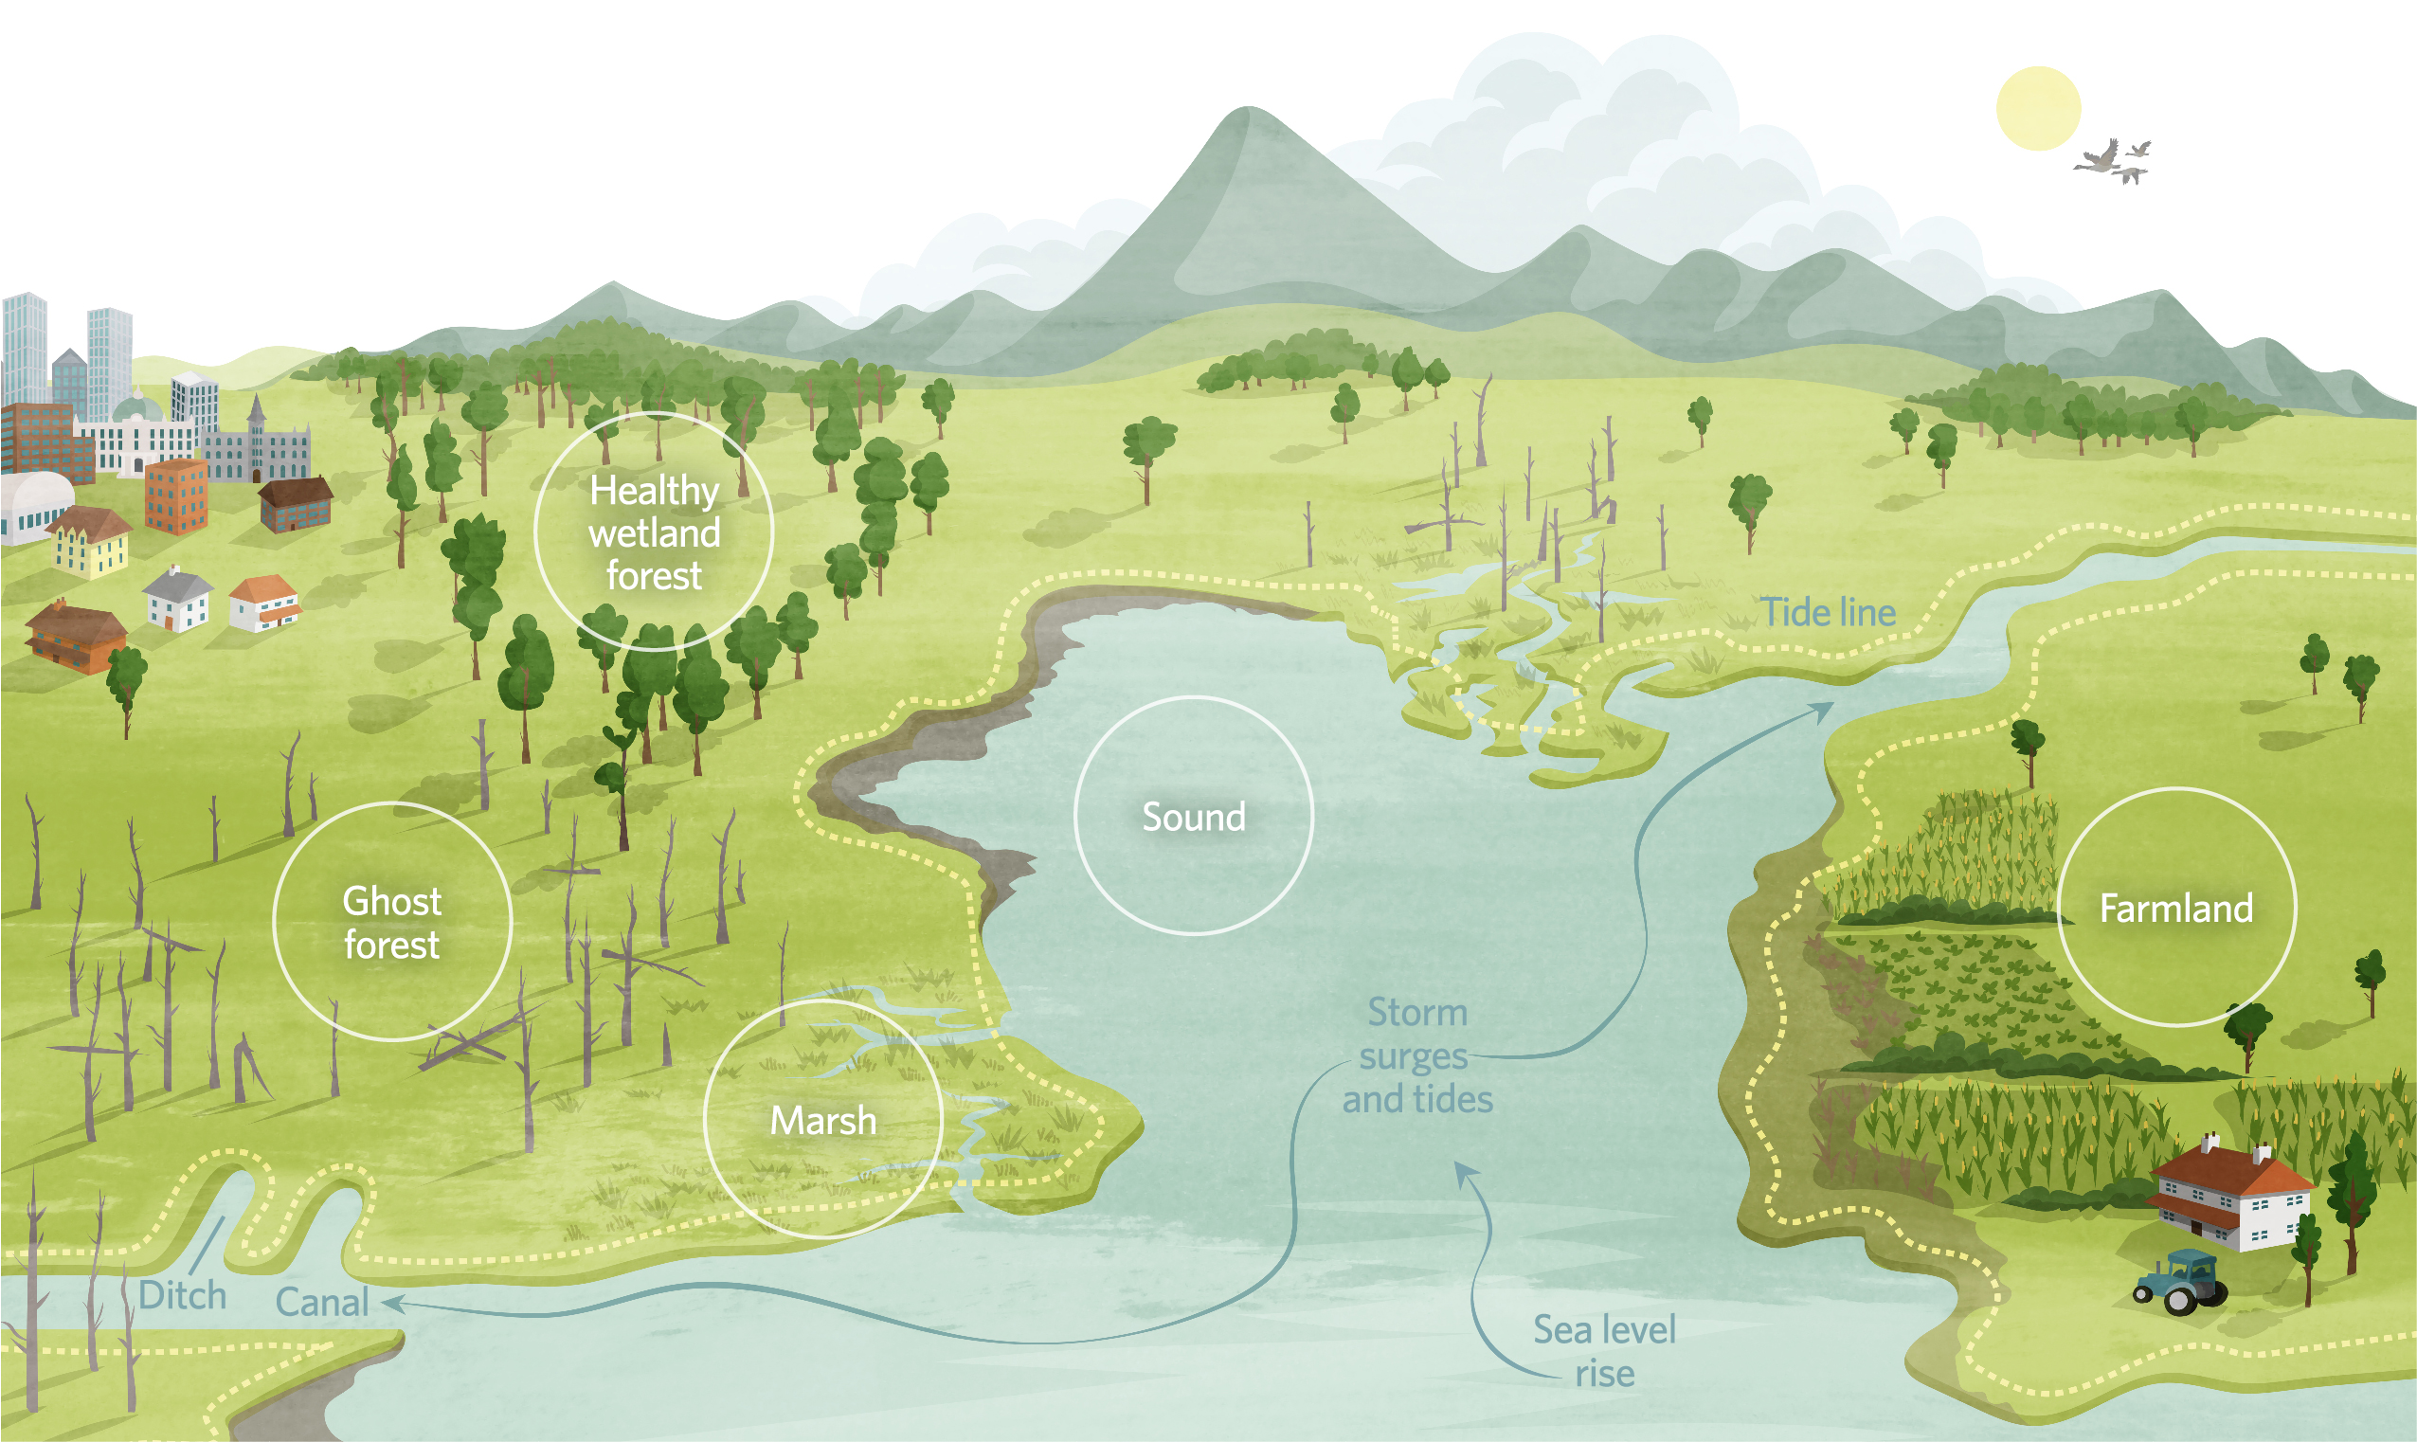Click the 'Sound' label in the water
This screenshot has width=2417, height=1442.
1193,818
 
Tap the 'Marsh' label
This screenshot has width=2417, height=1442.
822,1121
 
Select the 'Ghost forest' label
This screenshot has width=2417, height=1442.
391,923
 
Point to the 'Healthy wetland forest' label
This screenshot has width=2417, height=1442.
654,532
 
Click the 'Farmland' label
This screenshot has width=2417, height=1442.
2176,909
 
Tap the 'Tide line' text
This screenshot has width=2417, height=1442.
1829,612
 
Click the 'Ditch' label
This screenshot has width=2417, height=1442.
183,1295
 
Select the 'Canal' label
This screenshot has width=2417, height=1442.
321,1302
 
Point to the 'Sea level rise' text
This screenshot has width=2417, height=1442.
1605,1352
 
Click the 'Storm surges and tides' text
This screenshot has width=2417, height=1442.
1417,1055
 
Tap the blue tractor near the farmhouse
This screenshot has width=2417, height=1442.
2180,1282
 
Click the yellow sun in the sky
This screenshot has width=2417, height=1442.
2038,108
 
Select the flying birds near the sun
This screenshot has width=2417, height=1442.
2114,161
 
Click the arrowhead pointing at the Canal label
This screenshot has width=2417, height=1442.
391,1302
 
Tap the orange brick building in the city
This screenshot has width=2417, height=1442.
176,496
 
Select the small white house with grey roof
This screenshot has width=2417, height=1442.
178,600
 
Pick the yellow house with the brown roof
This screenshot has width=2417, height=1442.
89,542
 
